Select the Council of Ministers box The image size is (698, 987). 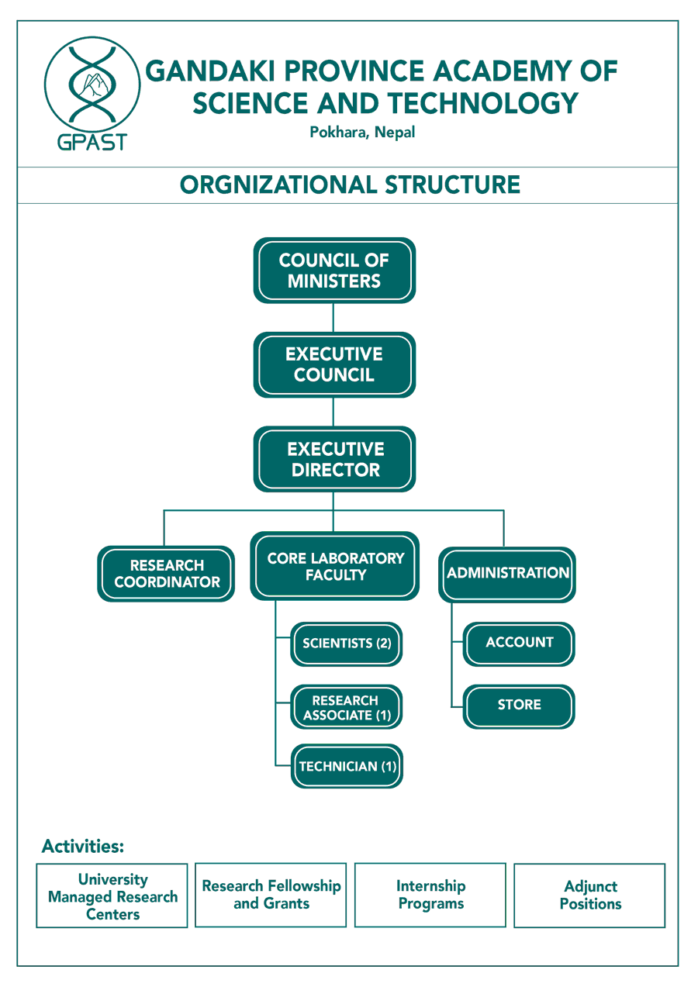[x=334, y=271]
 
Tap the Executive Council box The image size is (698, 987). [x=334, y=364]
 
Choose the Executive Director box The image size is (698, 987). [x=334, y=459]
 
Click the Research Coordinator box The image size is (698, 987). [x=166, y=574]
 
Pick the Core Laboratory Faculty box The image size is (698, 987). [x=334, y=566]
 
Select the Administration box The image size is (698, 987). [x=507, y=574]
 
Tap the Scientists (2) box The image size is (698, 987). [x=347, y=644]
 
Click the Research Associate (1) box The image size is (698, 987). [x=347, y=707]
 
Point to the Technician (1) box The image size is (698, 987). [x=347, y=767]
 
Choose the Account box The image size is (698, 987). [x=519, y=643]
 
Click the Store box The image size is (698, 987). [x=519, y=706]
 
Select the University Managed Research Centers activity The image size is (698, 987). [x=112, y=896]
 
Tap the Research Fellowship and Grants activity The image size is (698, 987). [x=271, y=895]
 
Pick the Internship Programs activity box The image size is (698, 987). [x=430, y=895]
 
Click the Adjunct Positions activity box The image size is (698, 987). [x=590, y=896]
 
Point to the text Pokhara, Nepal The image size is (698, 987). [x=362, y=133]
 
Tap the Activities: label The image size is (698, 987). [x=83, y=846]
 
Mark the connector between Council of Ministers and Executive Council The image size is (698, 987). [x=333, y=318]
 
